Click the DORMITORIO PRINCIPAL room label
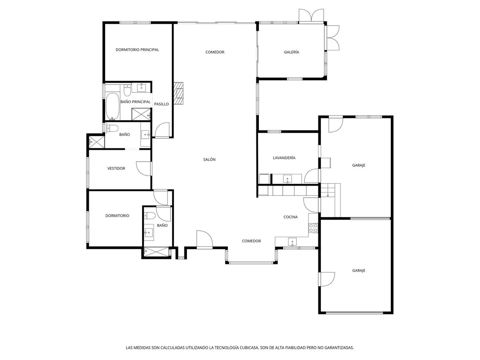[137, 50]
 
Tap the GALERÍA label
[292, 52]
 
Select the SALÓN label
[209, 160]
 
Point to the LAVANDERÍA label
[284, 158]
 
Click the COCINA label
[290, 217]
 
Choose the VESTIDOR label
[116, 168]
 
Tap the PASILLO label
[162, 104]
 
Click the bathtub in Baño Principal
[112, 106]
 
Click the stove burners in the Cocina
[313, 228]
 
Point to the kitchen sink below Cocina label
[292, 241]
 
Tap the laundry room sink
[288, 178]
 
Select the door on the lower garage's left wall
[327, 279]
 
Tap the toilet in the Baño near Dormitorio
[150, 216]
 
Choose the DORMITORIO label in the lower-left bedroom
[117, 216]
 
